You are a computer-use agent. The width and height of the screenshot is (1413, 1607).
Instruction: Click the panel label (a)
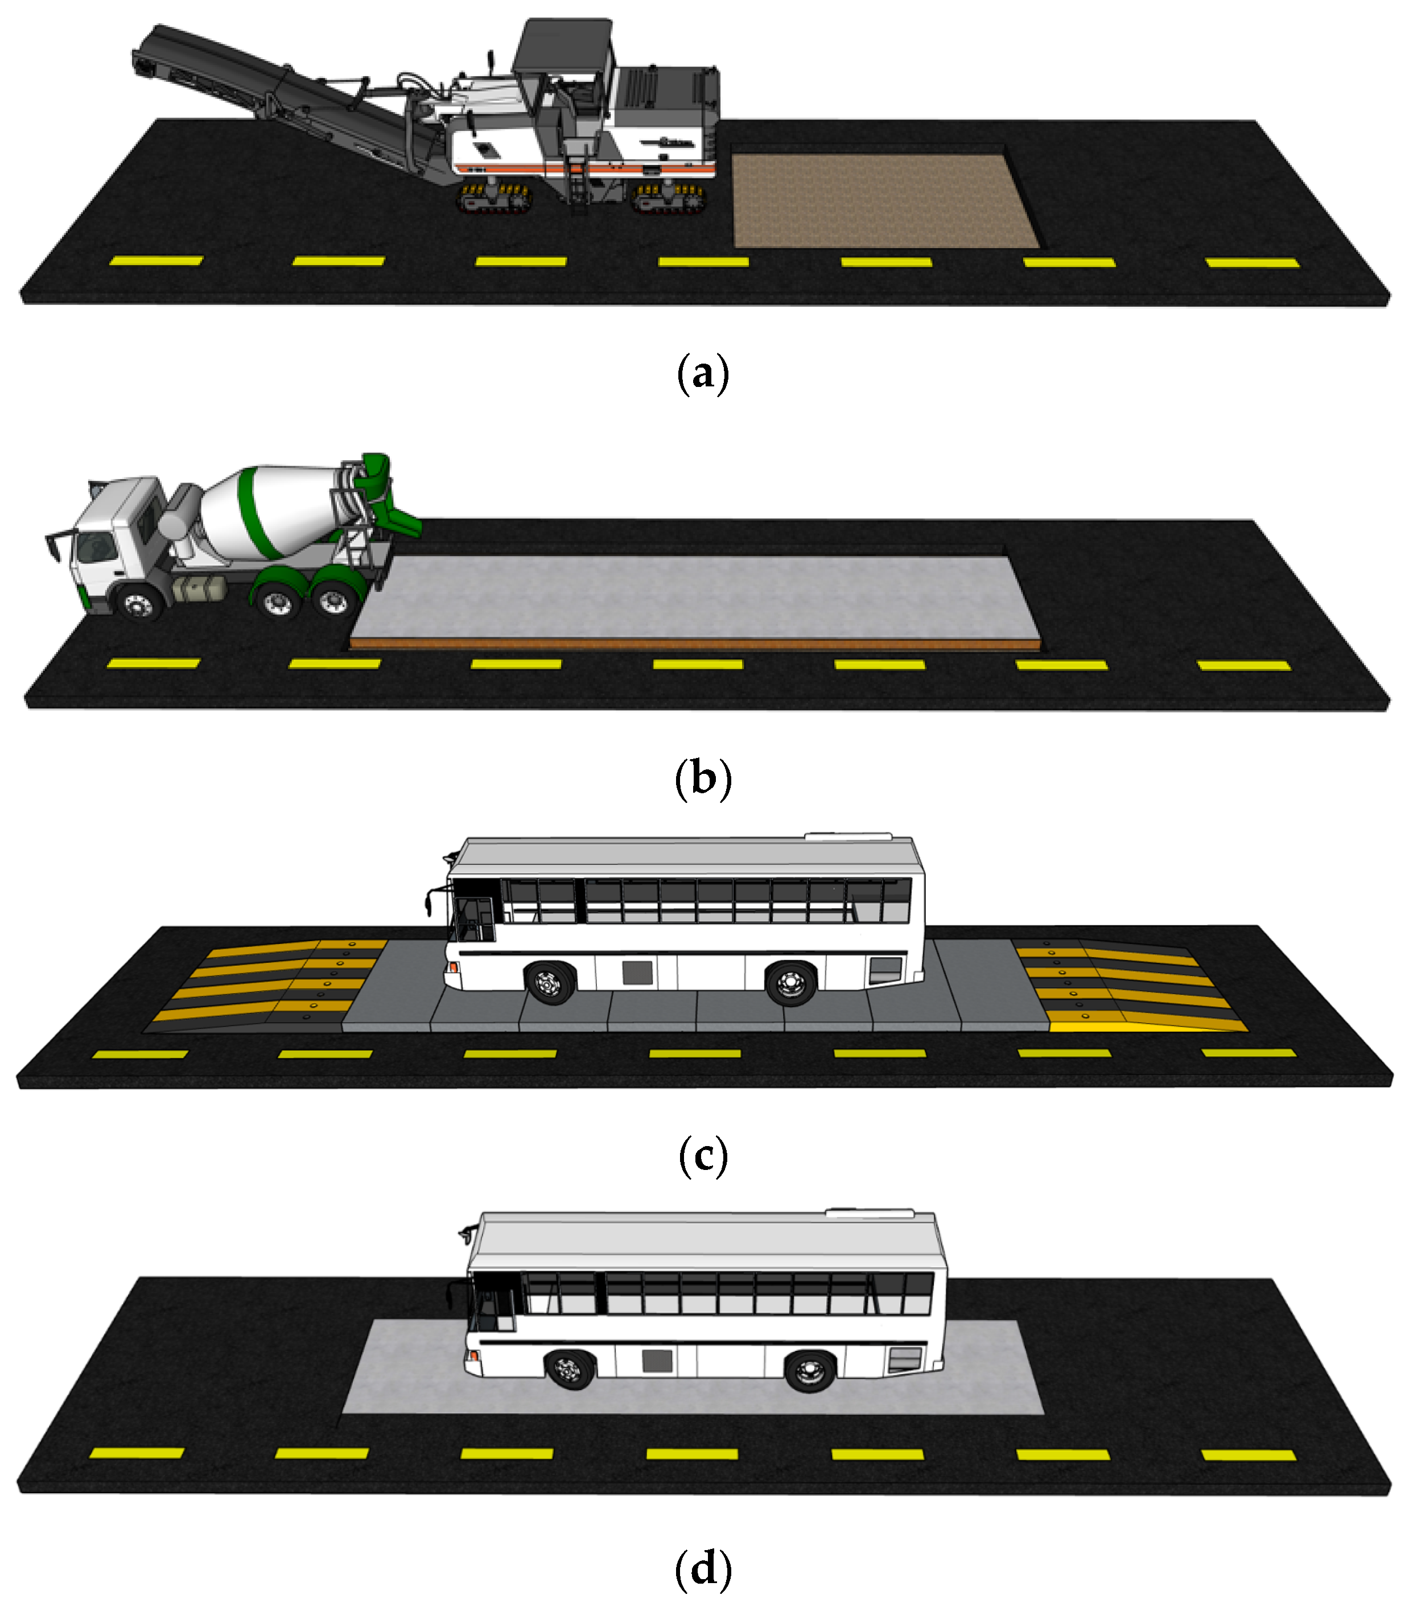pyautogui.click(x=702, y=373)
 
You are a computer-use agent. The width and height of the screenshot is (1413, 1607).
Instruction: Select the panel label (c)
pyautogui.click(x=702, y=1155)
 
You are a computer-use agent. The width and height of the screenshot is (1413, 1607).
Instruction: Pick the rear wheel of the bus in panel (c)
pyautogui.click(x=791, y=983)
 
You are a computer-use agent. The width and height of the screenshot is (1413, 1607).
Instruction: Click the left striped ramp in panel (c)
pyautogui.click(x=263, y=985)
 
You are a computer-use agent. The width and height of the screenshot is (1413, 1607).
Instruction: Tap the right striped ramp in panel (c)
pyautogui.click(x=1128, y=984)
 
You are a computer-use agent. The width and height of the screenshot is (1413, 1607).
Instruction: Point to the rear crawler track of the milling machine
pyautogui.click(x=670, y=198)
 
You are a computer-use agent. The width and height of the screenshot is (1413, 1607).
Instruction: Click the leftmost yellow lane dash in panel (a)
pyautogui.click(x=156, y=260)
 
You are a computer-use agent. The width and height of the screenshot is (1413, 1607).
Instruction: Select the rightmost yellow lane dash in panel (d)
pyautogui.click(x=1249, y=1455)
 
